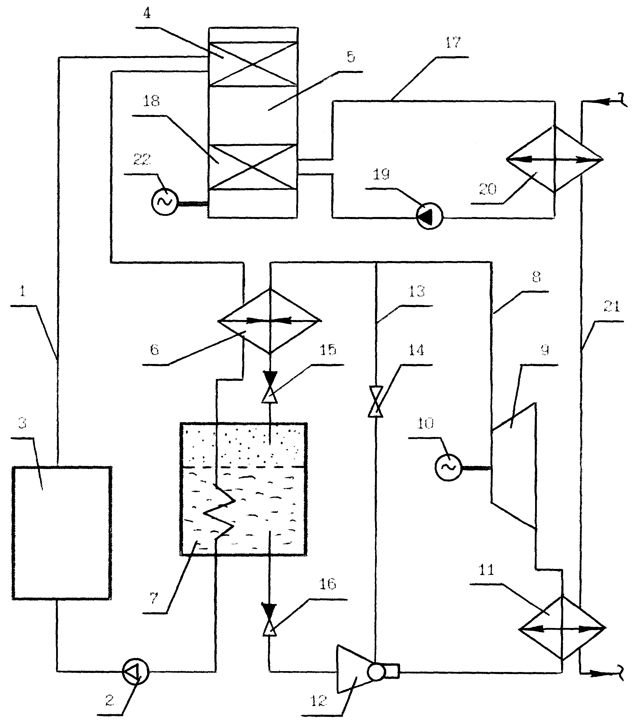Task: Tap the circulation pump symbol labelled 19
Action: click(x=429, y=216)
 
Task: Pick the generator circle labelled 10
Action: click(x=448, y=467)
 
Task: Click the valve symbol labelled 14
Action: click(x=375, y=402)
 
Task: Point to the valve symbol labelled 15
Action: click(x=270, y=387)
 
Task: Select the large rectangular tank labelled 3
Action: click(x=62, y=533)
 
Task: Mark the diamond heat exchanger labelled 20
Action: click(x=554, y=159)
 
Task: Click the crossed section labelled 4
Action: click(x=252, y=64)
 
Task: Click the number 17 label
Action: click(x=453, y=43)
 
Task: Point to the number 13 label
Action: click(x=416, y=291)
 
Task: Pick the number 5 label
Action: click(x=351, y=57)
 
